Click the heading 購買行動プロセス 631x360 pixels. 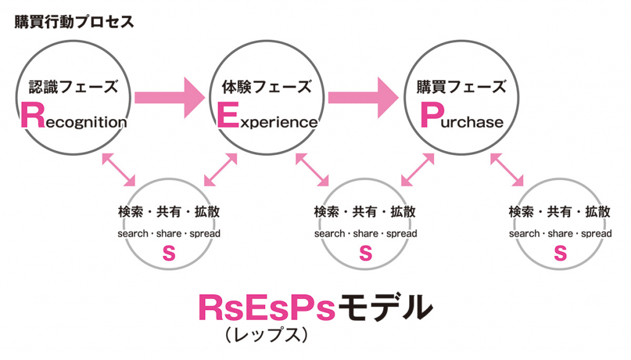(74, 23)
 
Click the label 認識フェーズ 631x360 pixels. (73, 86)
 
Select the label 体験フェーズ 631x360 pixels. (266, 86)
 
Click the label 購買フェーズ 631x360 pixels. (462, 86)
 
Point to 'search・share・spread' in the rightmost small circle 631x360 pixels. (560, 234)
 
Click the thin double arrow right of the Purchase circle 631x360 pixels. (507, 168)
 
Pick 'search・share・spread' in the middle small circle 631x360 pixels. (365, 234)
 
